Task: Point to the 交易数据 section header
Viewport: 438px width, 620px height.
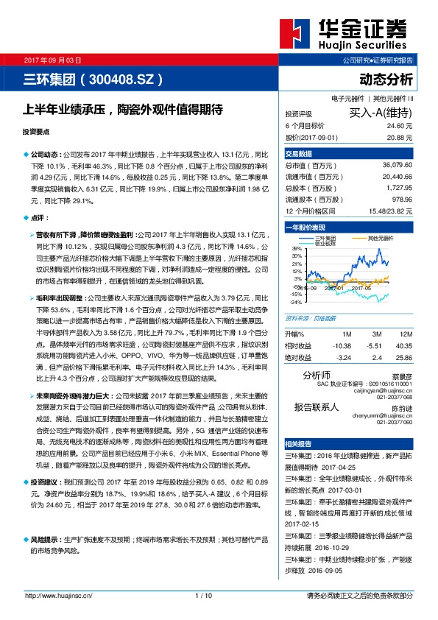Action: (x=299, y=153)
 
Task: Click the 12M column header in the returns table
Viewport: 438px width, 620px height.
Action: (x=403, y=334)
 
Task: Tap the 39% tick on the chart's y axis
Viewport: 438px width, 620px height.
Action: (x=296, y=250)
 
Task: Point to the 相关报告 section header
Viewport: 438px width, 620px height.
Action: (x=299, y=443)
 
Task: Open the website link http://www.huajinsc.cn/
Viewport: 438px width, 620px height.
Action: (x=59, y=595)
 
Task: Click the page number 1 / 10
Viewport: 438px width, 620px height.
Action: (x=204, y=595)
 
